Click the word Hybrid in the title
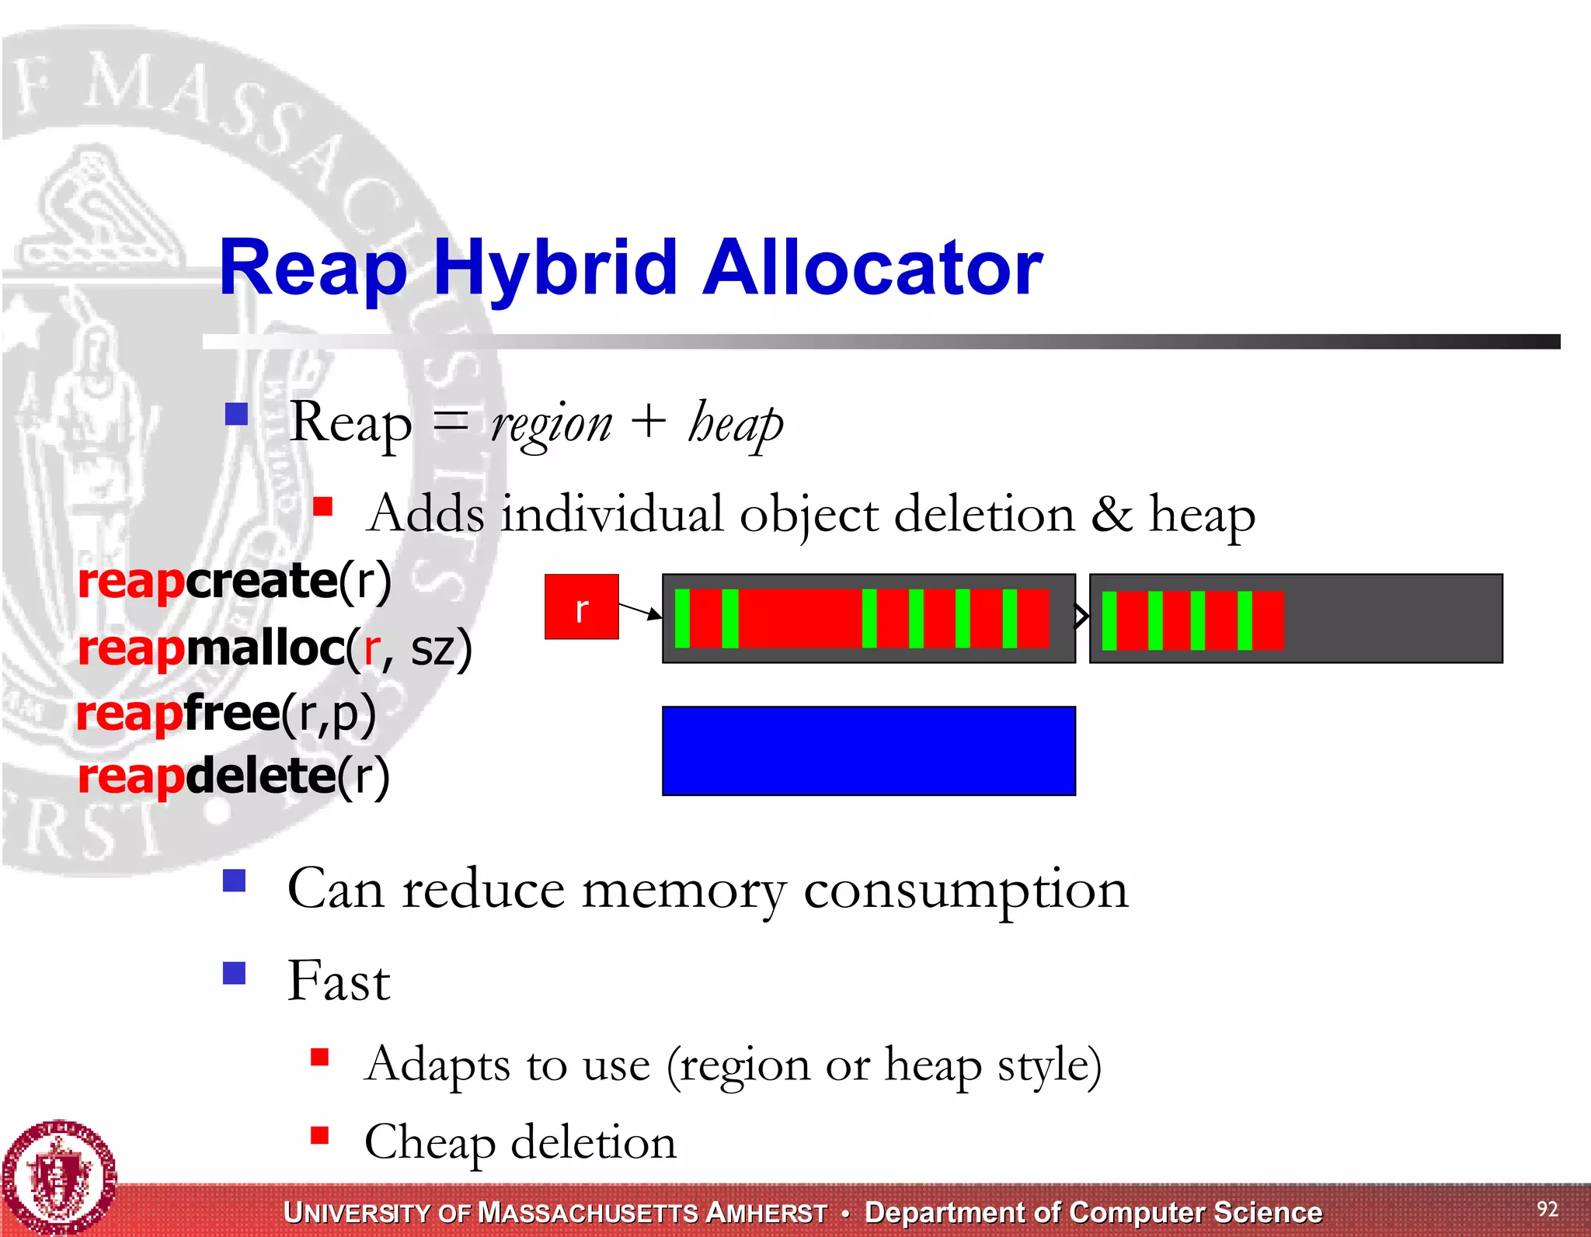(555, 269)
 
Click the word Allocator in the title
(872, 269)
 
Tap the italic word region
(552, 426)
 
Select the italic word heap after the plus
(735, 424)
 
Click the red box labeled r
(581, 607)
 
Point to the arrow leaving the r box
(640, 611)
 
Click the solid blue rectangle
(869, 751)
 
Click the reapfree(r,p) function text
(226, 714)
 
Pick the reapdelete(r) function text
(233, 777)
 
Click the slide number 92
(1547, 1209)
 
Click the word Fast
(339, 981)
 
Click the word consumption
(965, 889)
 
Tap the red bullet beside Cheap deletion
(319, 1136)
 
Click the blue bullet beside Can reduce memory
(234, 881)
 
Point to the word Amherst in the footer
(766, 1213)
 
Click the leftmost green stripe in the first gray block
(682, 618)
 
